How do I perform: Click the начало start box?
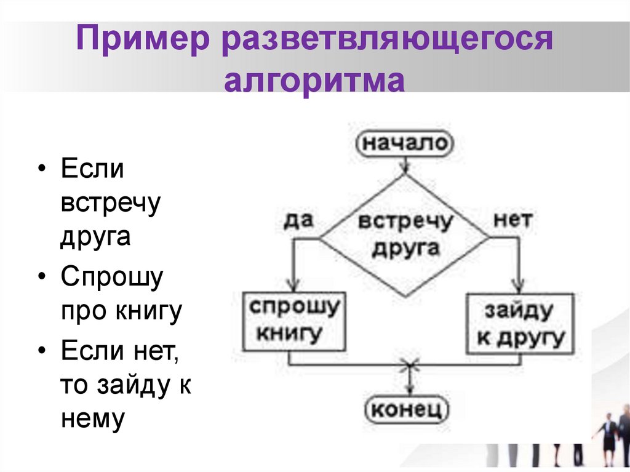(404, 143)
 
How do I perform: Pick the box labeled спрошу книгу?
(293, 321)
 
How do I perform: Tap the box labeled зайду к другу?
(520, 323)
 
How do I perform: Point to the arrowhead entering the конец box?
(409, 391)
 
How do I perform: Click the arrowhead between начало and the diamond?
(404, 167)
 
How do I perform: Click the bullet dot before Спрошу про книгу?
(41, 276)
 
